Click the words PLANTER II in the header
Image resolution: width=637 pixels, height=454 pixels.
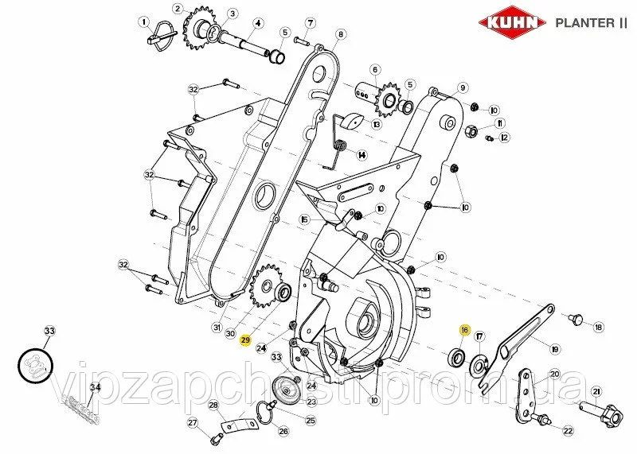click(589, 23)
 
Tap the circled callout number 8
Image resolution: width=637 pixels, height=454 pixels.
click(341, 35)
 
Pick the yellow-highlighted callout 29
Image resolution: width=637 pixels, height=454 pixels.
click(246, 340)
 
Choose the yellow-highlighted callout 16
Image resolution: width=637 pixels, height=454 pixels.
click(464, 329)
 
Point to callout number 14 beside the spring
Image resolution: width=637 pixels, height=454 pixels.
click(361, 154)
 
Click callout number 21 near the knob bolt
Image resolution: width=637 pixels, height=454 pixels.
click(596, 390)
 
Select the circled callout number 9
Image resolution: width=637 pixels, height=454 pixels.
click(463, 87)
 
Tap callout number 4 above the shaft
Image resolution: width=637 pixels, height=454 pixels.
click(258, 24)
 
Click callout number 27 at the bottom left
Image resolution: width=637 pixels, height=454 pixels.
click(191, 422)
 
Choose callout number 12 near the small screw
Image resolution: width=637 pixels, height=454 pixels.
click(503, 138)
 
